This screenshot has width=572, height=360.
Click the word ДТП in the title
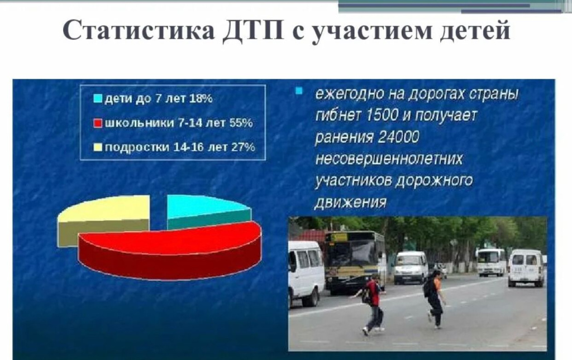point(253,31)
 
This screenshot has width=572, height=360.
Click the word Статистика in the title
point(139,30)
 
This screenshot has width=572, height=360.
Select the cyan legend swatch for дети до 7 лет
point(98,99)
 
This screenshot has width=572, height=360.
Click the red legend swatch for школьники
point(98,123)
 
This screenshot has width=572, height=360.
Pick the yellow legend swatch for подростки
point(98,147)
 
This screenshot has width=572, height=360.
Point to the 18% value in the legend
point(201,98)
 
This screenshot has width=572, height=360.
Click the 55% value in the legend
point(241,123)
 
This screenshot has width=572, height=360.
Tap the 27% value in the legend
point(243,147)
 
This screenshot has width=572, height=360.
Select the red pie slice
point(171,251)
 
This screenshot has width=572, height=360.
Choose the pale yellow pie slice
point(106,215)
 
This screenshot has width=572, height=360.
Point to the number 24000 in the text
point(399,137)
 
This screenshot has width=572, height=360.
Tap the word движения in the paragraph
point(350,202)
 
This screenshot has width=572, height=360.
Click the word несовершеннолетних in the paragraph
point(389,159)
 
